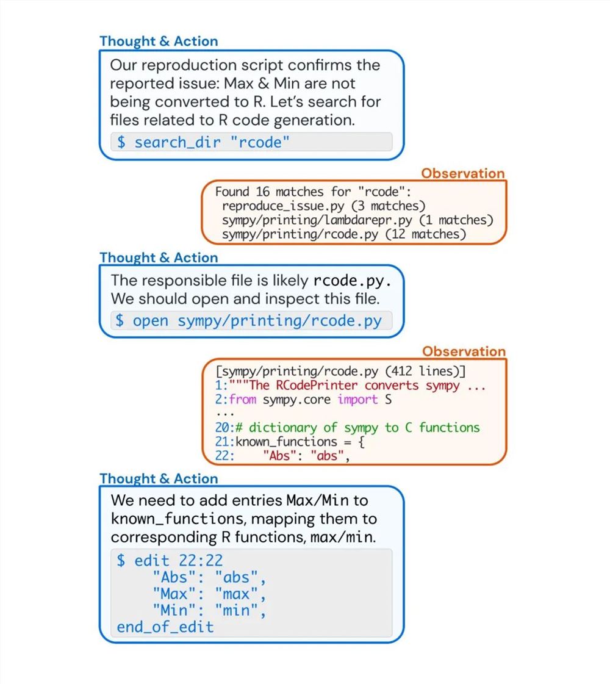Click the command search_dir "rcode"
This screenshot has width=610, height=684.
(x=203, y=142)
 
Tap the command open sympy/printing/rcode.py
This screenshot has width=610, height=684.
(x=248, y=320)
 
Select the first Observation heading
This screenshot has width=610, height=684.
(x=462, y=173)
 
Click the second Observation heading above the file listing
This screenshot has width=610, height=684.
(x=464, y=351)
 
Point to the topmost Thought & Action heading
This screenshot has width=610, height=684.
(x=159, y=41)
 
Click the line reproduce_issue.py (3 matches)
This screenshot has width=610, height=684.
(x=323, y=206)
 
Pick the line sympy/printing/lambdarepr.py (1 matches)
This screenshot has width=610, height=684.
(x=357, y=220)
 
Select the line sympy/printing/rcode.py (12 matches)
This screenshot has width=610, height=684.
(x=343, y=234)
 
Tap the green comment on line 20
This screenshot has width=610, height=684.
(x=364, y=428)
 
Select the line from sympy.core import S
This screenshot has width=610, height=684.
(x=310, y=400)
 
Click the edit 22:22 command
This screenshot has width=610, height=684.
(x=170, y=560)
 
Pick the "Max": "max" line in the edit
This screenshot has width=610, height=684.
(x=209, y=594)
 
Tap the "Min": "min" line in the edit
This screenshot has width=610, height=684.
(x=209, y=610)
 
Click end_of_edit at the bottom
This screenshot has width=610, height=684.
(x=165, y=627)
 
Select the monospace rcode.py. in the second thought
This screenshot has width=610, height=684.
(x=351, y=281)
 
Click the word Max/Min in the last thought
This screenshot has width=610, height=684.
(x=318, y=501)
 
